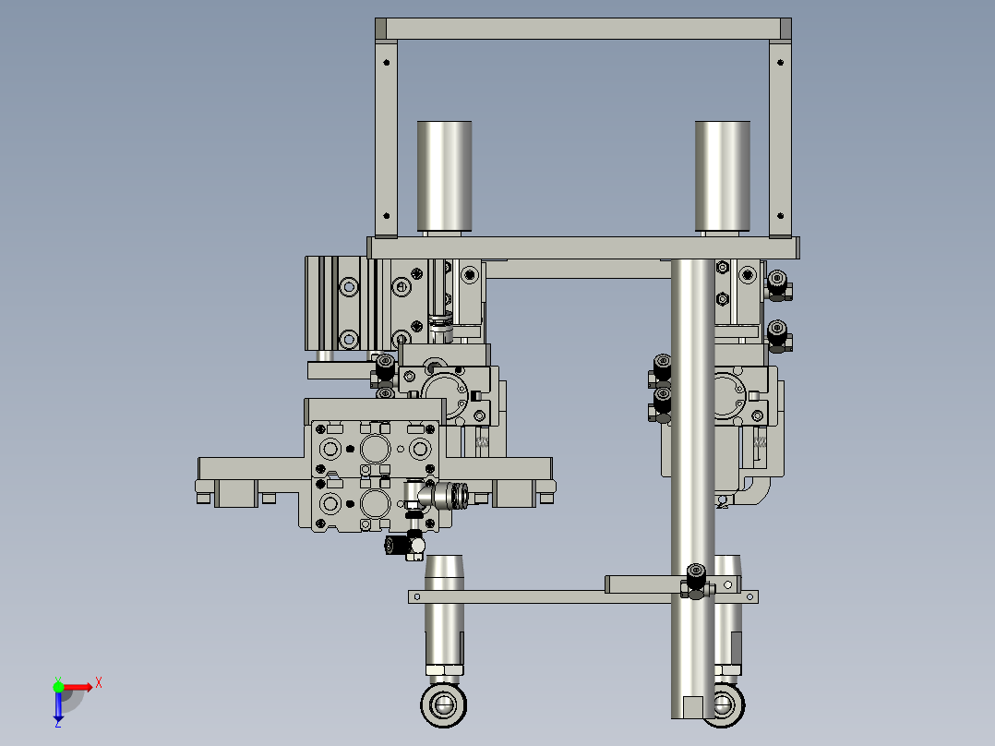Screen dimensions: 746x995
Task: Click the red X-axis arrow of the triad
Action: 81,686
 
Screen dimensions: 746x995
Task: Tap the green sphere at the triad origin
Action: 58,686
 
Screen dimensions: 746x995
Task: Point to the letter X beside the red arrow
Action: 99,682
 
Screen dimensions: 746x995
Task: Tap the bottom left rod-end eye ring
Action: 444,705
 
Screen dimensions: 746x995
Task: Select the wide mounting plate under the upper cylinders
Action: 583,247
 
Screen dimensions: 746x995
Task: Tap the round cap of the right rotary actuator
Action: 736,392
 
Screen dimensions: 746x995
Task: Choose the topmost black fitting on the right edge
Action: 777,284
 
